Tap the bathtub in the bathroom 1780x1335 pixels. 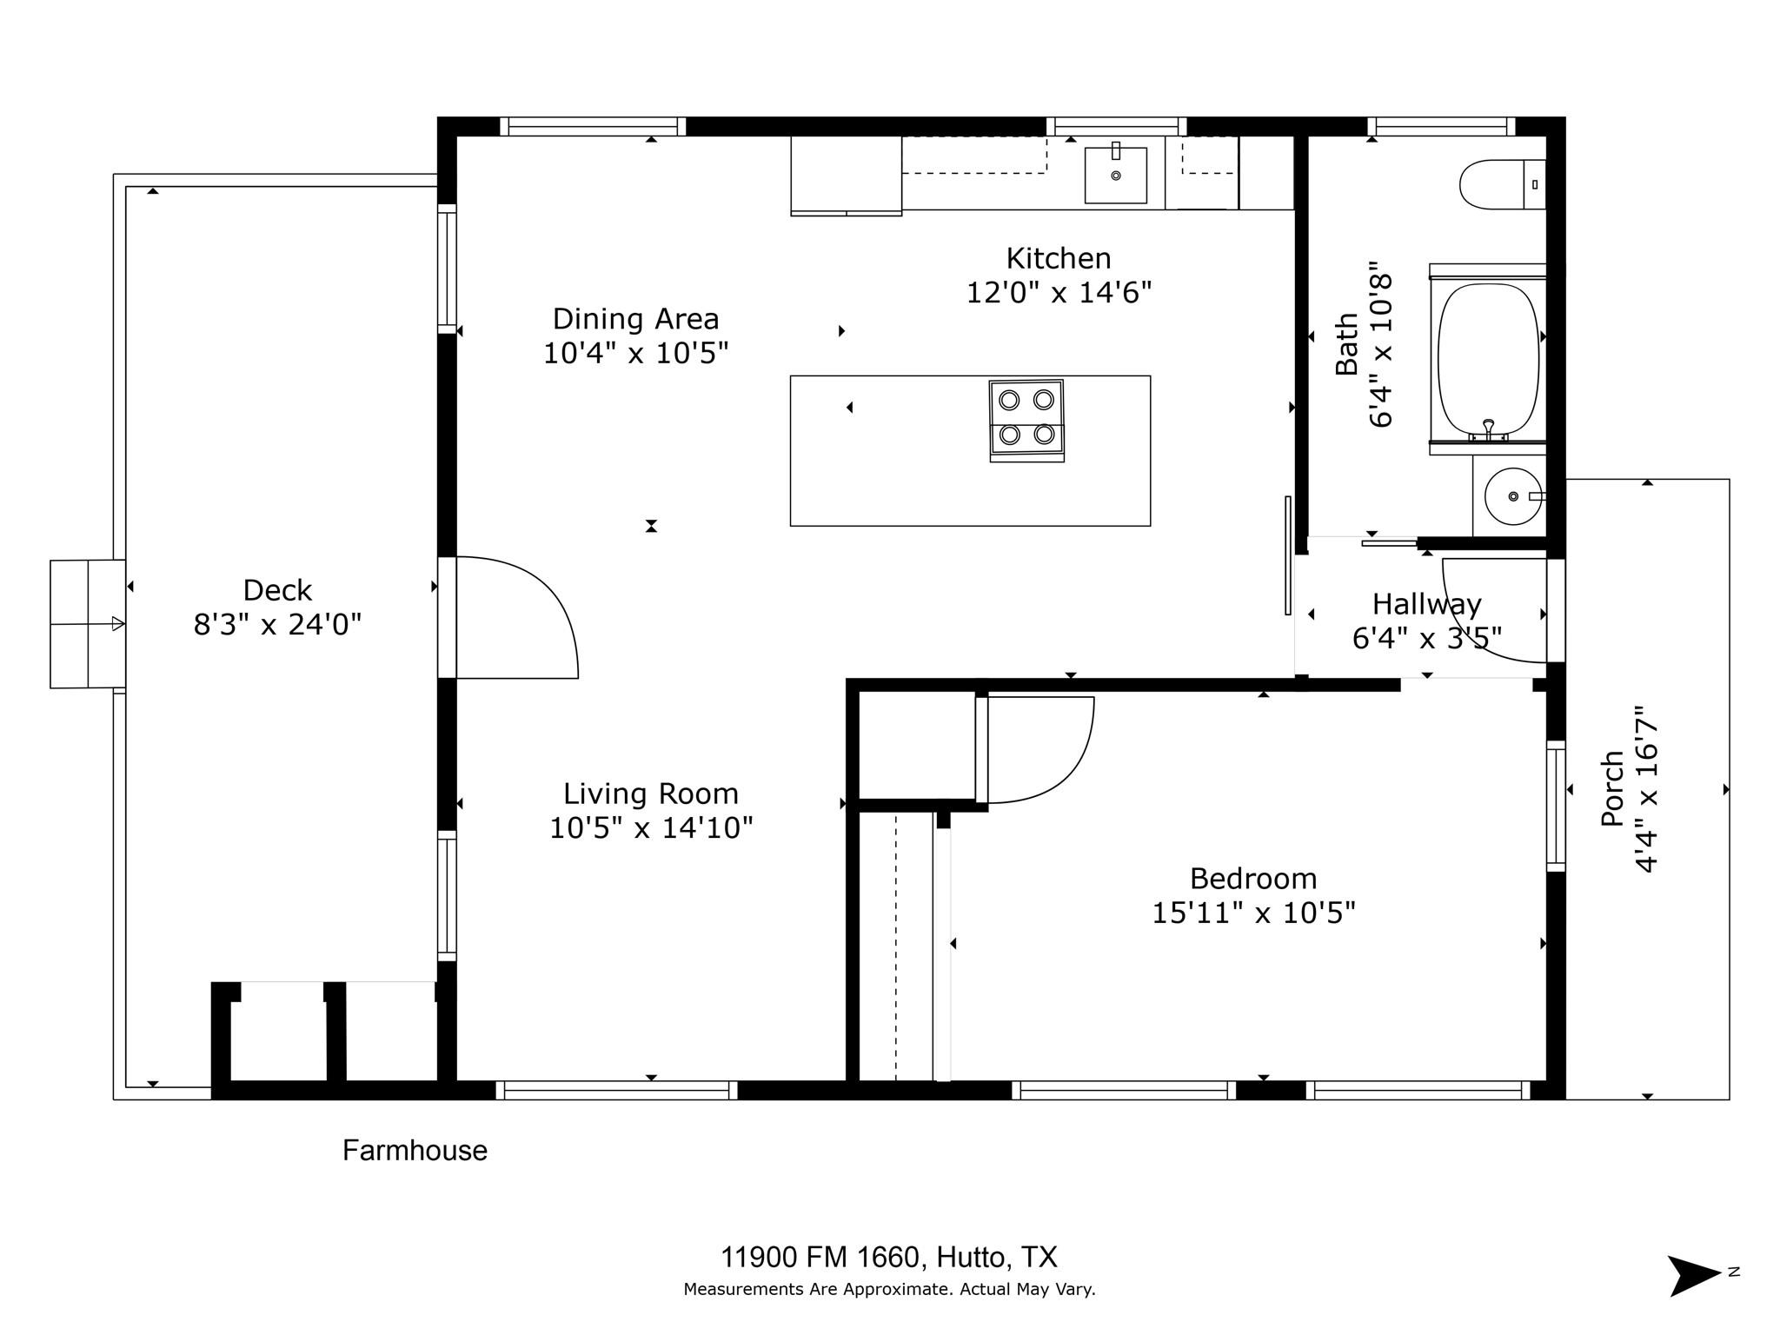tap(1488, 358)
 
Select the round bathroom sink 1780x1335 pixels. tap(1512, 496)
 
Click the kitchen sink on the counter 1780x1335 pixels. tap(1115, 175)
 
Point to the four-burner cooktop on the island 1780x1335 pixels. tap(1026, 419)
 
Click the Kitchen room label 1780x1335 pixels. tap(1058, 258)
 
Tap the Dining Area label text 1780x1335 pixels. tap(635, 319)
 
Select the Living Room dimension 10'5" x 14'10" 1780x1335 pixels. tap(650, 827)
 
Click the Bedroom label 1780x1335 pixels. tap(1252, 879)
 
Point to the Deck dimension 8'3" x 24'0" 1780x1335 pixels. tap(276, 624)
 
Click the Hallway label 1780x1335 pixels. tap(1426, 604)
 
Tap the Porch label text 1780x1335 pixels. tap(1612, 787)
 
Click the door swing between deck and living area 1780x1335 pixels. tap(521, 617)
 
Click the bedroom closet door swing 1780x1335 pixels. tap(1039, 749)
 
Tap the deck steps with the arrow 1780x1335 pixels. tap(87, 624)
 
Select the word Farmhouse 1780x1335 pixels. tap(415, 1151)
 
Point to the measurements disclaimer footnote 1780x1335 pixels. tap(888, 1289)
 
